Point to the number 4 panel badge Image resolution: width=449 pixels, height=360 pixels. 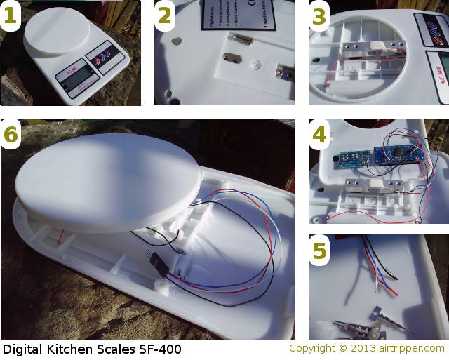319,135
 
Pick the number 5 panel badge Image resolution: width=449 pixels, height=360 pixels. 319,251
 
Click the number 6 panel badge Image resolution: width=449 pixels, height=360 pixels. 11,135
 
